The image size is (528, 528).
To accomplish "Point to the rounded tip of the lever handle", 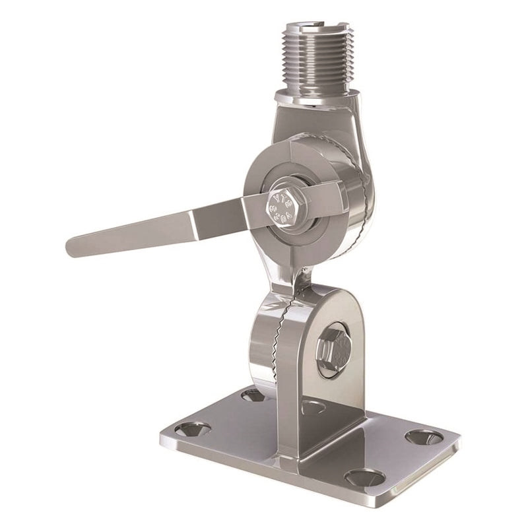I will click(x=75, y=247).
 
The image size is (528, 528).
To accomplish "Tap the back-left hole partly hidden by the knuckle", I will click(x=253, y=395).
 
